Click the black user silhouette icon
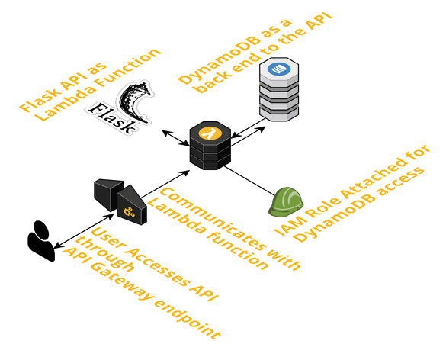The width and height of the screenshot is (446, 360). click(41, 241)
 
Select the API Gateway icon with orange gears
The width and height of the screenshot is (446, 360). click(120, 201)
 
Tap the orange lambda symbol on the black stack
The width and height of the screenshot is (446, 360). click(210, 133)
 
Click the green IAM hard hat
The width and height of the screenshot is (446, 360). click(286, 202)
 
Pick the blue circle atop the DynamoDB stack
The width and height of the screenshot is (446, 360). click(279, 69)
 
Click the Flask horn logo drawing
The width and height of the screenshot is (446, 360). click(134, 102)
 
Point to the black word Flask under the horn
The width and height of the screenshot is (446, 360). click(112, 117)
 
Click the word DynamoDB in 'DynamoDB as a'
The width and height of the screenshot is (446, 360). click(219, 60)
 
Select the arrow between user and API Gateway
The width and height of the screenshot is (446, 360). click(84, 231)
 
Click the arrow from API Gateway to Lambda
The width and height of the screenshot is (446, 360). click(165, 184)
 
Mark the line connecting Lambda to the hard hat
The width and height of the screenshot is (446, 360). click(249, 181)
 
